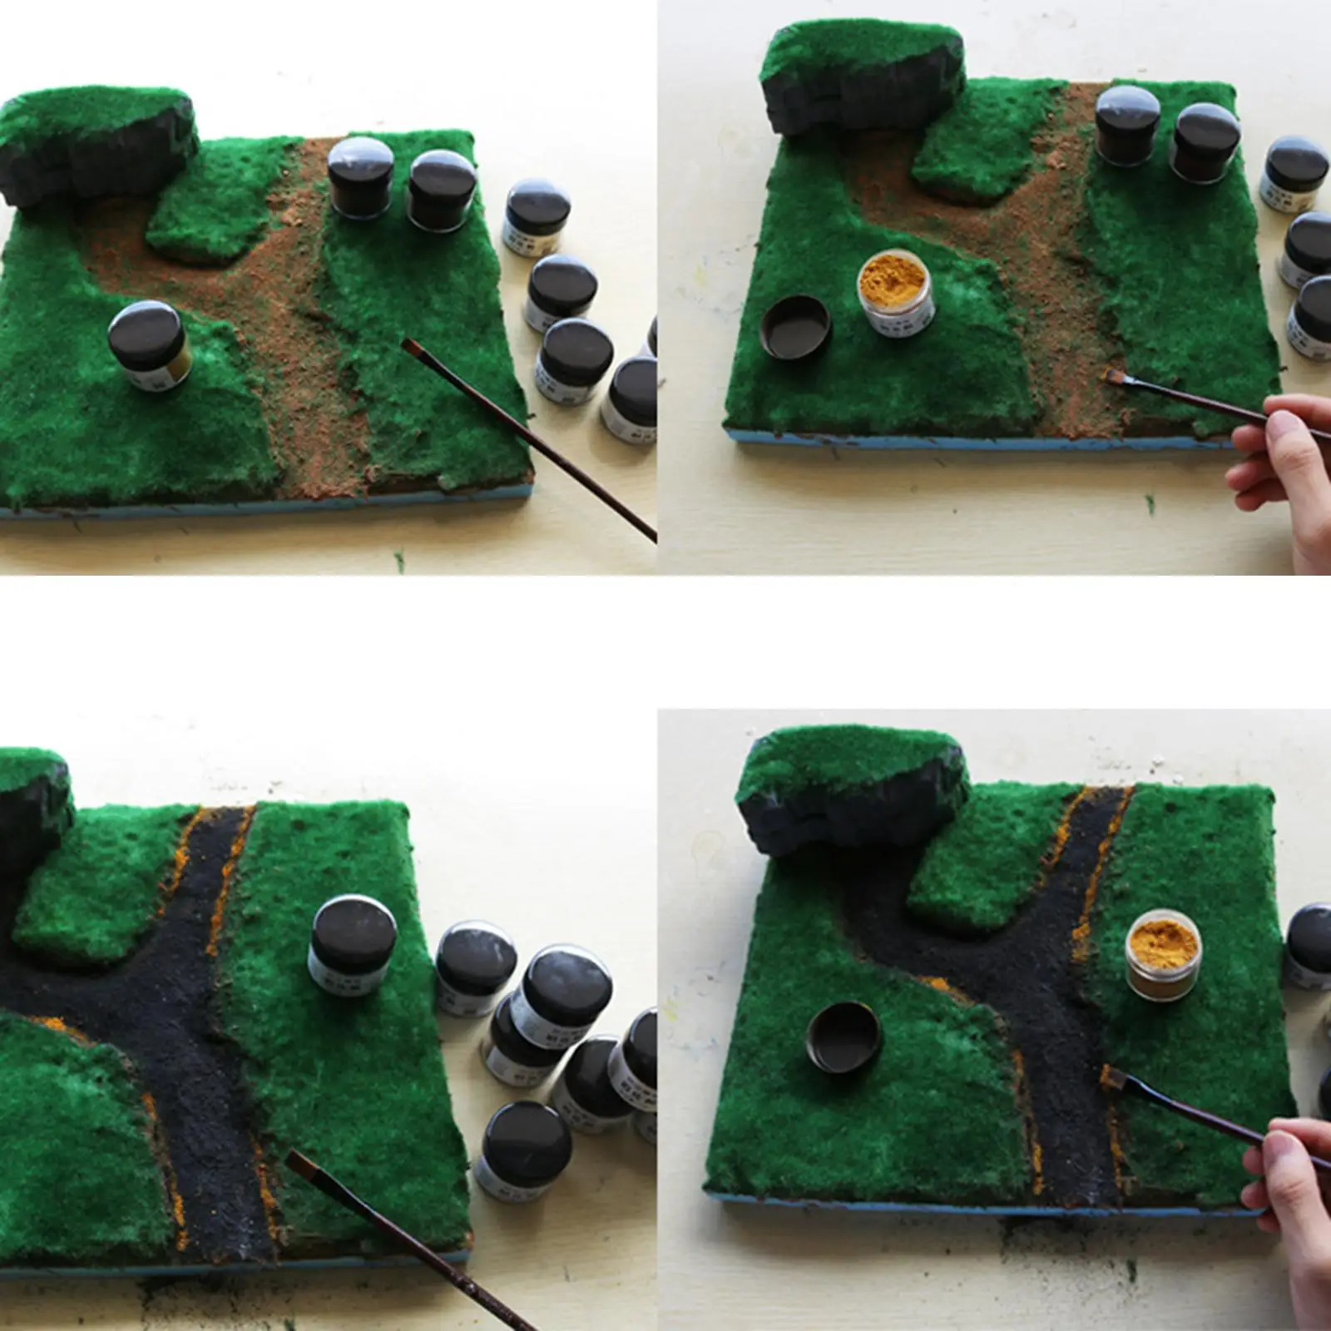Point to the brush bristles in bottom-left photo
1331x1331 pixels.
click(301, 1162)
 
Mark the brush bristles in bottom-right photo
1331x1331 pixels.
click(1110, 1075)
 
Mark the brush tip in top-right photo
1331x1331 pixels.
click(1110, 376)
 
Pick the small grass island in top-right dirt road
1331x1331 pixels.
click(969, 154)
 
